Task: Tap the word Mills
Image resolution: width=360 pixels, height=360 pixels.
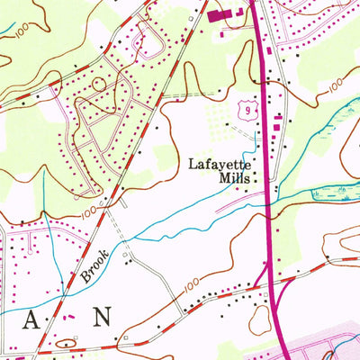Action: [x=232, y=178]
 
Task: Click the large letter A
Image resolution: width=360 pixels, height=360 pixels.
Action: [x=36, y=317]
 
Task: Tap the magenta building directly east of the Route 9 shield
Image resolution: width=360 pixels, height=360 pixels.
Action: [x=277, y=117]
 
